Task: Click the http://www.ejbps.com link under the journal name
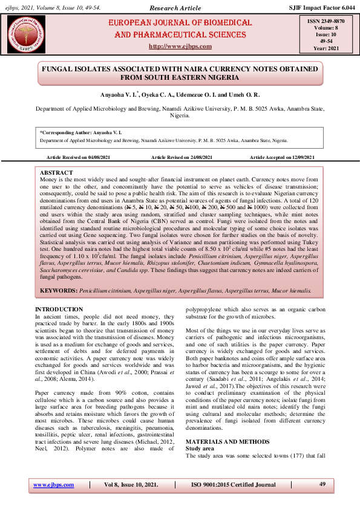180,47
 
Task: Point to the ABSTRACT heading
56,172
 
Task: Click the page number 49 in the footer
322,484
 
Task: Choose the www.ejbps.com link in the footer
50,485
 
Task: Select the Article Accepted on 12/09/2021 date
282,157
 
